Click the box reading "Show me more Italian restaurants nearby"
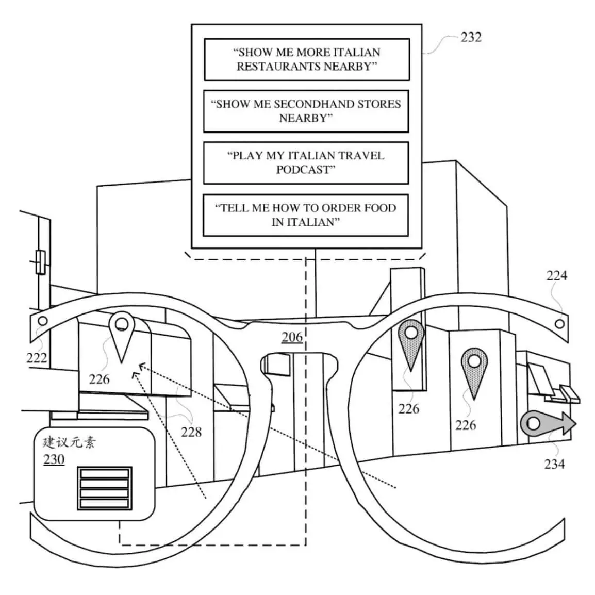[306, 59]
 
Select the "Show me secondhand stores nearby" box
[306, 111]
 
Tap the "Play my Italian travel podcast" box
[306, 162]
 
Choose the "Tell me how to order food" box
[306, 215]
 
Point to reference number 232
[470, 37]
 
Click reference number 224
[556, 276]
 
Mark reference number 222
[36, 357]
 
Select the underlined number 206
[292, 337]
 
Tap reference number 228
[191, 432]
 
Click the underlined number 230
[54, 459]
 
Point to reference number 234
[554, 464]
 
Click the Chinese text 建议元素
[69, 442]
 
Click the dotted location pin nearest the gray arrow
[474, 369]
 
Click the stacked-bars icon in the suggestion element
[105, 488]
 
